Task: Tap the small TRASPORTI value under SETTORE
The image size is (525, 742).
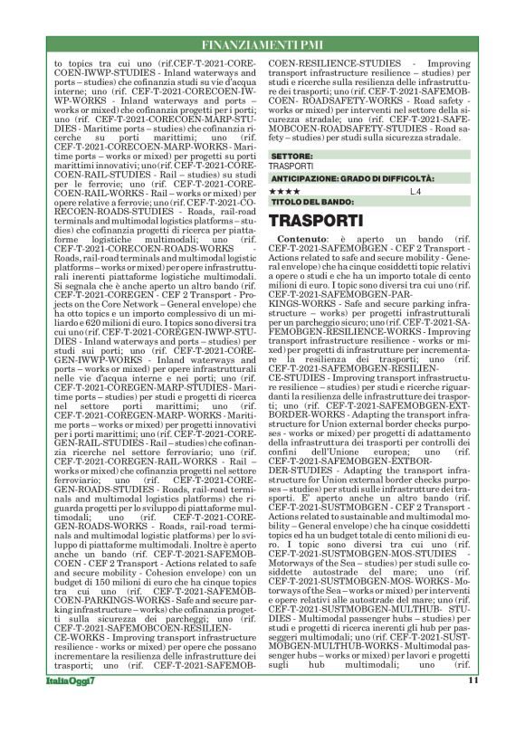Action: (291, 166)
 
